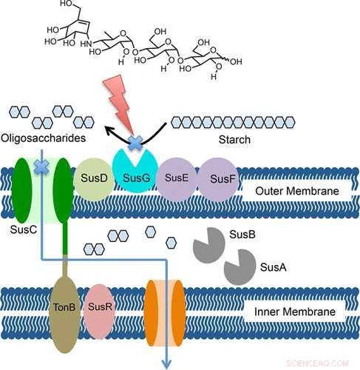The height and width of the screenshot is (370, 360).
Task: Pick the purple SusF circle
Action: click(x=218, y=179)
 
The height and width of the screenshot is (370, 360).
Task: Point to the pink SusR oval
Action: click(x=99, y=306)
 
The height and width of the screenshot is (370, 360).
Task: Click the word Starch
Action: click(x=249, y=139)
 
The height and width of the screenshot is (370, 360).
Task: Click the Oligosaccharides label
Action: click(x=42, y=139)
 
